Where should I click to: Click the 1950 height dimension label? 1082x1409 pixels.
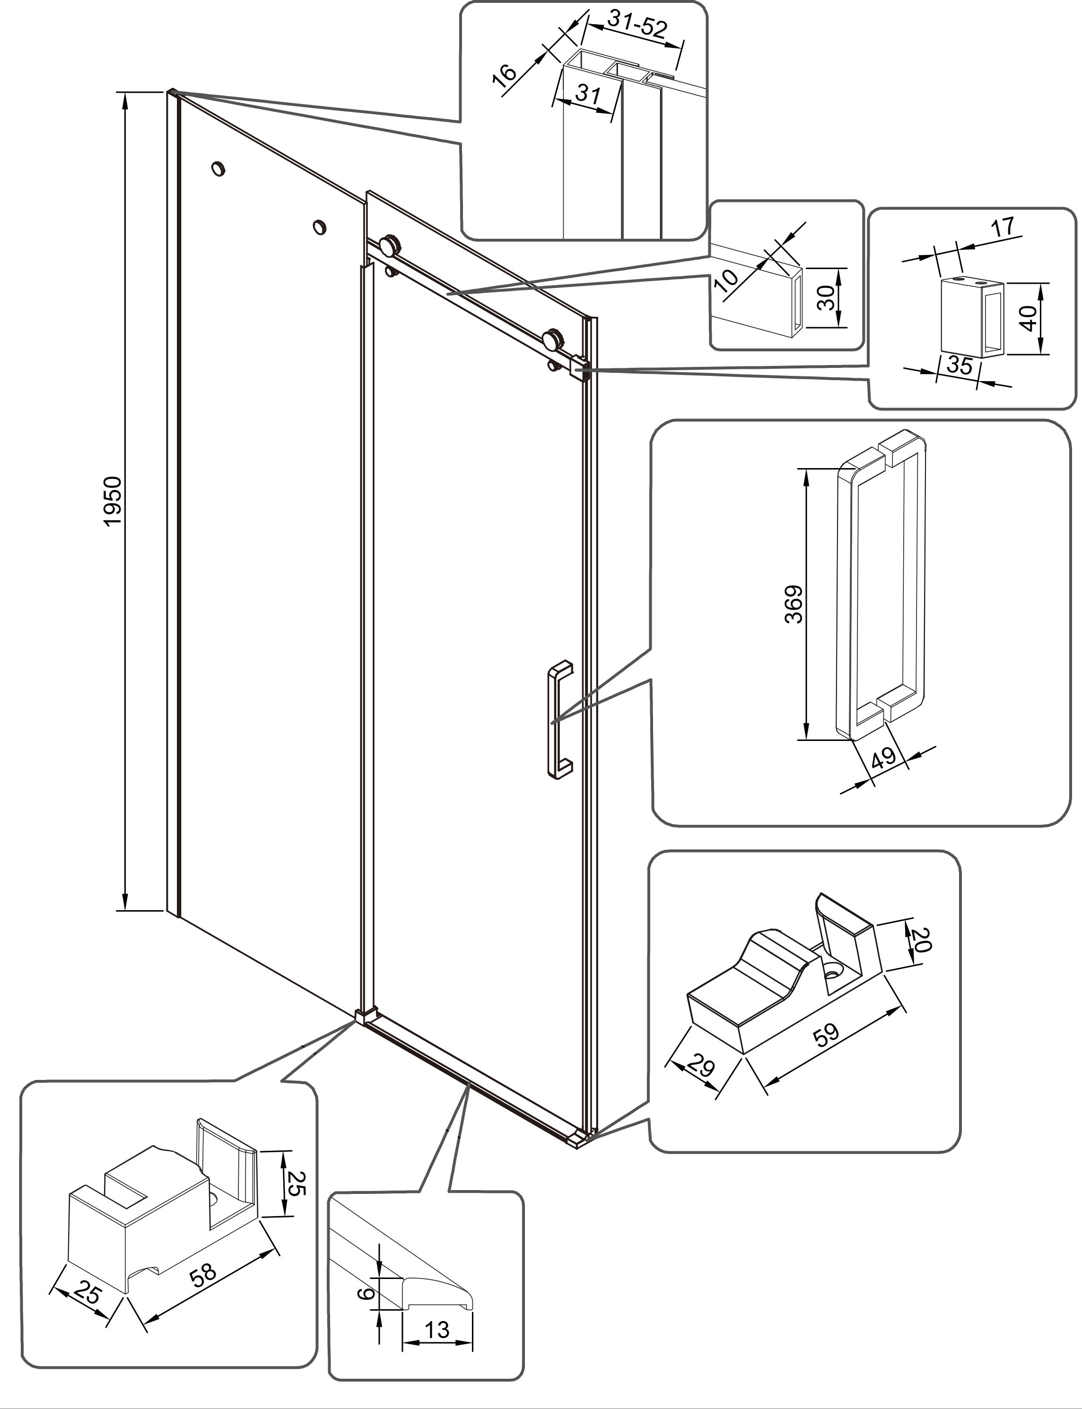[113, 501]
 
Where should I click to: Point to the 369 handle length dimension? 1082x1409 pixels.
[794, 604]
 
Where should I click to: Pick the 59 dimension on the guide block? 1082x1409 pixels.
[827, 1034]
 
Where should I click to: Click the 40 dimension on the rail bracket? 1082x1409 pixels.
[1029, 317]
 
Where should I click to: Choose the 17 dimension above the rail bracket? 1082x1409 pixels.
[1003, 226]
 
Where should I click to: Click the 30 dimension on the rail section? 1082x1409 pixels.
[827, 297]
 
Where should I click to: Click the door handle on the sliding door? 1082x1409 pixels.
[558, 719]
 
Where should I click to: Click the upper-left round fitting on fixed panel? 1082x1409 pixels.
[219, 169]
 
